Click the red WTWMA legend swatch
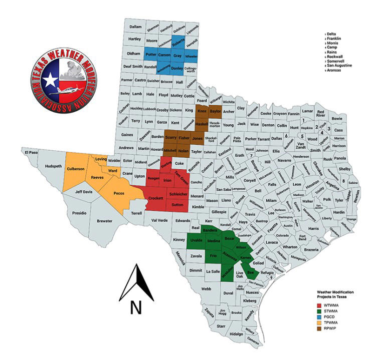click(319, 305)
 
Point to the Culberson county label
click(76, 169)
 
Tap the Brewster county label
click(105, 220)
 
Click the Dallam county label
click(135, 27)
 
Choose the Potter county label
click(150, 54)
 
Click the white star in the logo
click(51, 80)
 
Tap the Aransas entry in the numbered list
click(336, 70)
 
